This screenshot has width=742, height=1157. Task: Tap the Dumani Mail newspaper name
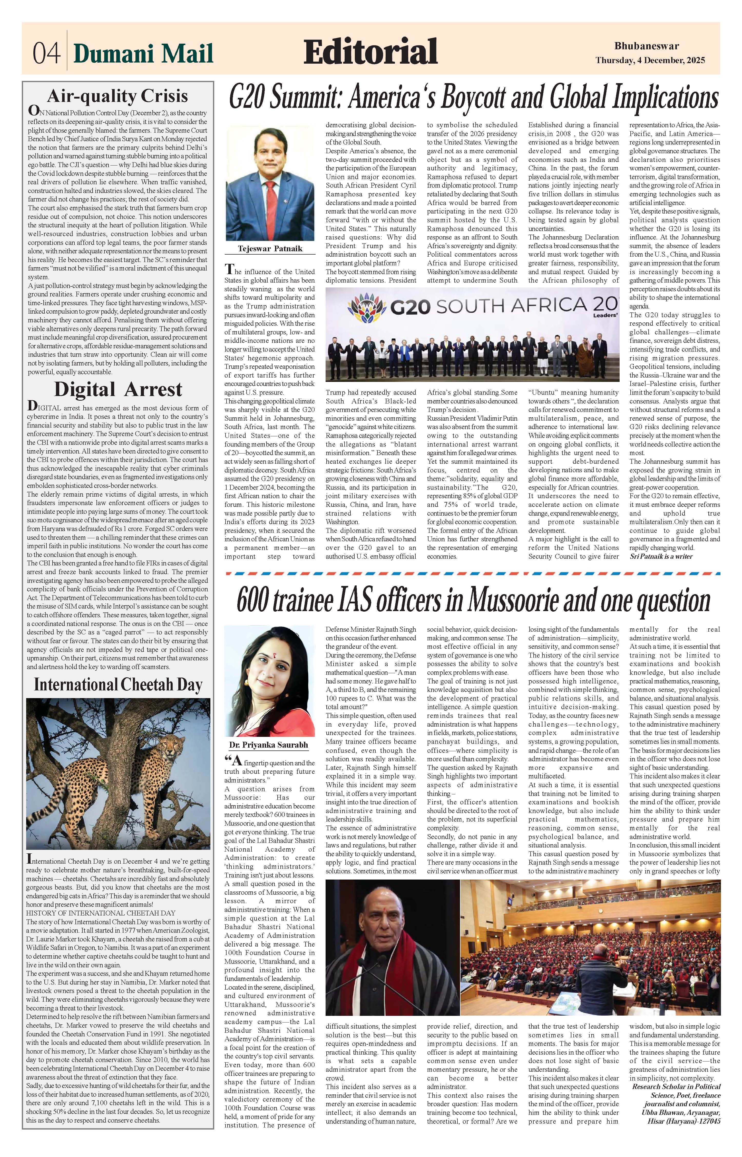point(143,53)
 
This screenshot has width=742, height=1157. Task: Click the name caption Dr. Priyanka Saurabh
point(268,745)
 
